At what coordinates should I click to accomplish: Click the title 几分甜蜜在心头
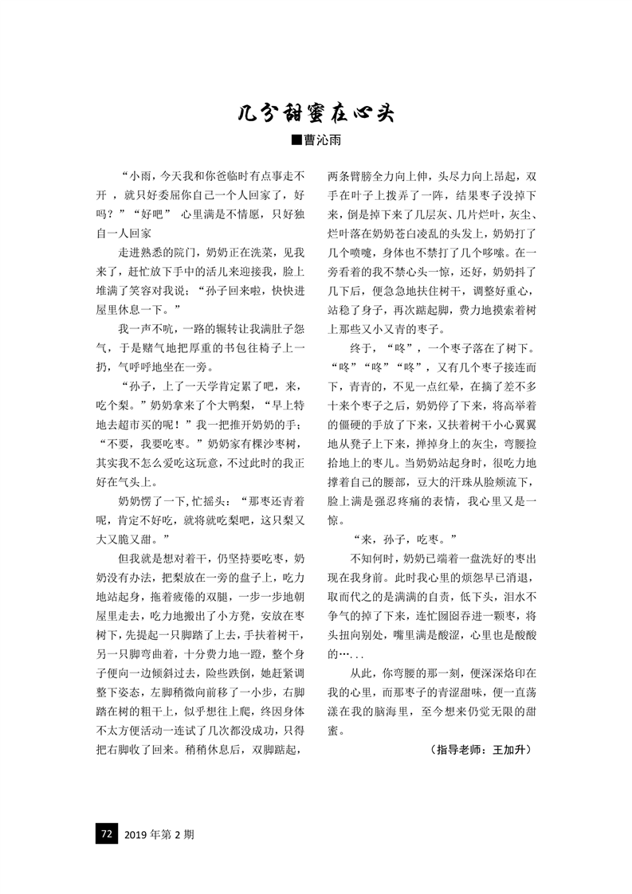[x=316, y=113]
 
